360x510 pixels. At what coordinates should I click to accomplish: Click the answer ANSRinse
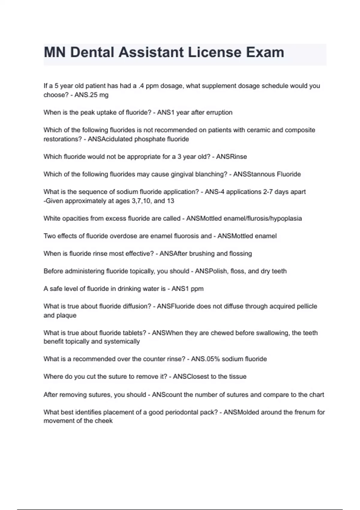231,157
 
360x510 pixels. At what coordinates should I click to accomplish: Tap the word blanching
210,174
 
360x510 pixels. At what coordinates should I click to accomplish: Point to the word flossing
240,254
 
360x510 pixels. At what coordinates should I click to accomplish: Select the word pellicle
307,306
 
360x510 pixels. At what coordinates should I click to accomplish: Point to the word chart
317,394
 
